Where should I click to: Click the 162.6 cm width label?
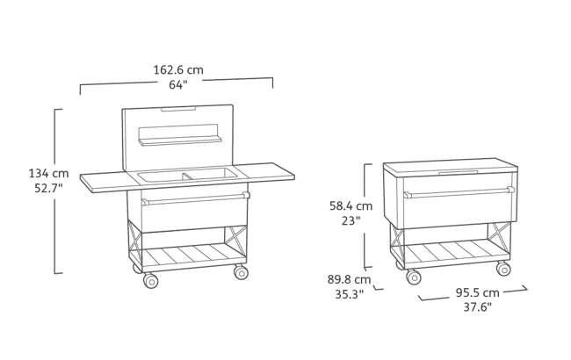click(x=177, y=69)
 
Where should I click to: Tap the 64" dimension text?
click(x=177, y=84)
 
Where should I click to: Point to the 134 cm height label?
click(x=43, y=173)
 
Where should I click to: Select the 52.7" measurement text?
click(x=43, y=188)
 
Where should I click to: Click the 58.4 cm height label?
click(x=351, y=206)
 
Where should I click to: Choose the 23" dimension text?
click(x=351, y=221)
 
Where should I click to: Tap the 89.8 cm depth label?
click(x=350, y=281)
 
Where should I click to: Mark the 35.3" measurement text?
click(x=350, y=296)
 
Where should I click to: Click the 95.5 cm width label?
click(x=479, y=292)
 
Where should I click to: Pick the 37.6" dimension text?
click(x=479, y=307)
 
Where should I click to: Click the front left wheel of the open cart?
click(x=148, y=281)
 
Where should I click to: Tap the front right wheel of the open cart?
click(x=241, y=273)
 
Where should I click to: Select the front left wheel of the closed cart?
click(x=413, y=277)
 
